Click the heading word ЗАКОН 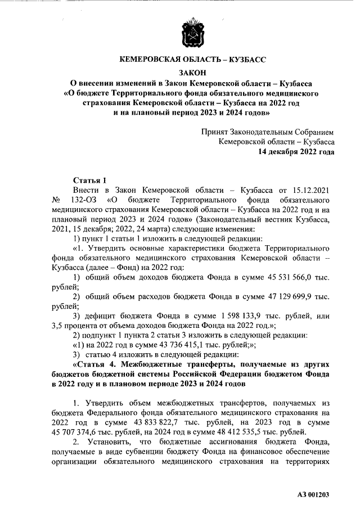pyautogui.click(x=192, y=72)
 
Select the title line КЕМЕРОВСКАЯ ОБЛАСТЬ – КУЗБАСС pyautogui.click(x=192, y=58)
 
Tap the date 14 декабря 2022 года pyautogui.click(x=296, y=152)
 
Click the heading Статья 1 pyautogui.click(x=90, y=180)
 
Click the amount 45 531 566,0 pyautogui.click(x=291, y=277)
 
